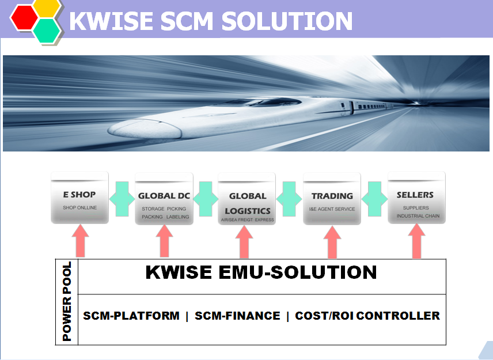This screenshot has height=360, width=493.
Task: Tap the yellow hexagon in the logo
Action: click(x=47, y=7)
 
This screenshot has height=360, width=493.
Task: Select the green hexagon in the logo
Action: click(x=47, y=31)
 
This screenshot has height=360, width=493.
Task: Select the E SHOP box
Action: click(x=80, y=198)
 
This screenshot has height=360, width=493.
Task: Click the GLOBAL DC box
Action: click(x=164, y=199)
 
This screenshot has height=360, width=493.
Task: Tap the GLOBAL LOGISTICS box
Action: click(x=247, y=199)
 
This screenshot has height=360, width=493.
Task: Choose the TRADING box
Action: click(x=332, y=199)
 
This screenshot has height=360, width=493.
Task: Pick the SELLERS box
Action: click(x=416, y=198)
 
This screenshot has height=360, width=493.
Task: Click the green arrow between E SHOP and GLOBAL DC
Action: click(x=122, y=199)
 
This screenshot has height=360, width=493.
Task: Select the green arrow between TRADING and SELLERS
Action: click(x=374, y=199)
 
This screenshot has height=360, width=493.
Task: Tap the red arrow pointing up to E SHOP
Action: click(x=81, y=241)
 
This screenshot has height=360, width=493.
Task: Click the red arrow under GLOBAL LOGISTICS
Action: click(x=244, y=242)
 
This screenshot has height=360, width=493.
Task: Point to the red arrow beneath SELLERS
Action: click(x=416, y=241)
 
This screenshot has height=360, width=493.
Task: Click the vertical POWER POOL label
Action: click(x=67, y=302)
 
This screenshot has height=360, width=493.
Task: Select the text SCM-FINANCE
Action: click(x=237, y=316)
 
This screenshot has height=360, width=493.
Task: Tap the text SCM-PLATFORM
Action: click(x=131, y=316)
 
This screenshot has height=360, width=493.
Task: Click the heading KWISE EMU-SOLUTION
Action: click(x=261, y=272)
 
